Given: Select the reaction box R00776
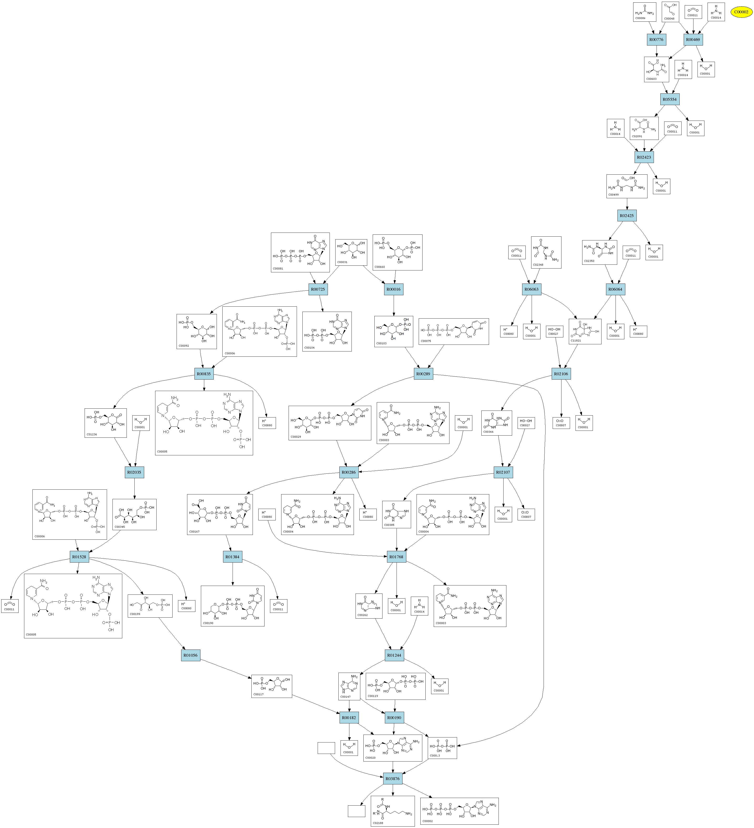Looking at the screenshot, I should coord(656,39).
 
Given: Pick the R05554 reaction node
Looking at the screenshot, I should coord(669,99).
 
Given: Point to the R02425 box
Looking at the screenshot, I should coord(627,216).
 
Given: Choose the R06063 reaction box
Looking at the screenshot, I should coord(531,289).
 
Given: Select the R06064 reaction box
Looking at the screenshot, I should coord(615,289).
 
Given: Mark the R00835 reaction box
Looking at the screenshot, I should coord(204,374).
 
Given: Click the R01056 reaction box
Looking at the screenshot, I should coord(191,655).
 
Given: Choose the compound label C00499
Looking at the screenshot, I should coord(614,195).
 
